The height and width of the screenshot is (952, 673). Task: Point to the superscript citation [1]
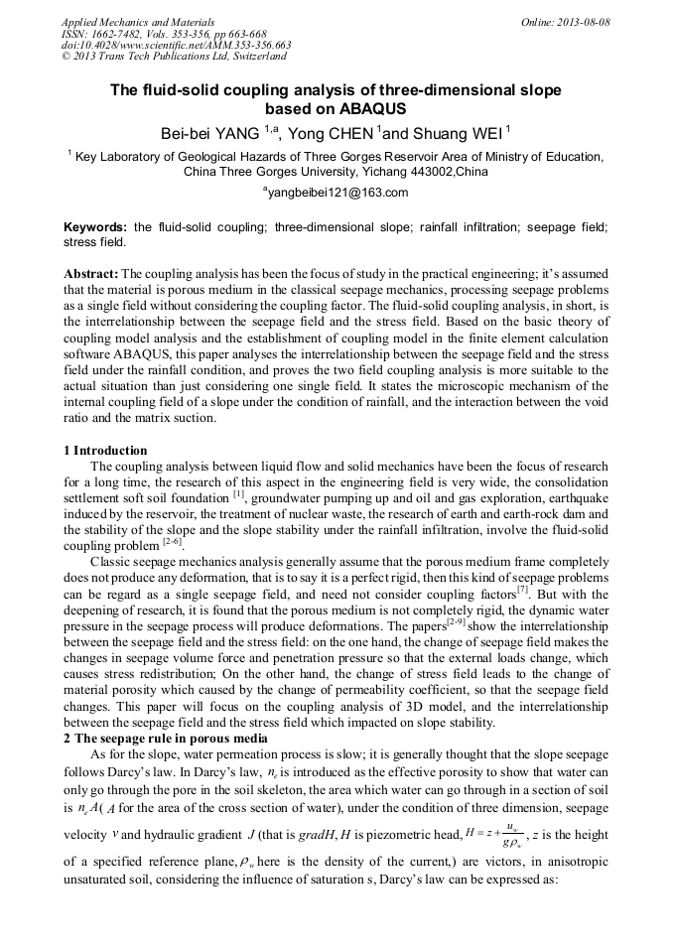tap(238, 494)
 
